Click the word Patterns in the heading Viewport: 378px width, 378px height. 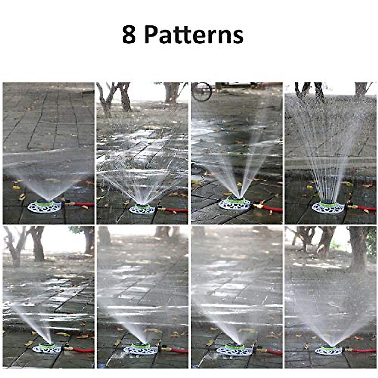(x=194, y=35)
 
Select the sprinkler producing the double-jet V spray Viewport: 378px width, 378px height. (x=235, y=203)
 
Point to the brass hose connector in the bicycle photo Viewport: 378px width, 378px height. (x=257, y=206)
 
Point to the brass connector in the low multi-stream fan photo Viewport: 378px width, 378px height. (x=162, y=209)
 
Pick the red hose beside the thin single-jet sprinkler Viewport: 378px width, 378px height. (x=83, y=350)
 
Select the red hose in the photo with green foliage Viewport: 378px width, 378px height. (x=365, y=350)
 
